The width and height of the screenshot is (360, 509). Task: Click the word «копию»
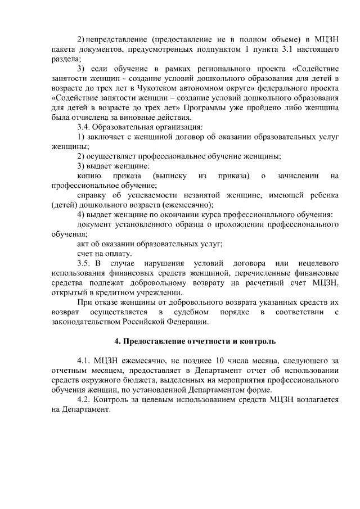(89, 176)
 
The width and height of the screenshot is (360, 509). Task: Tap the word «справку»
(93, 195)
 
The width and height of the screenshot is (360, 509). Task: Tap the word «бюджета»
(132, 380)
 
